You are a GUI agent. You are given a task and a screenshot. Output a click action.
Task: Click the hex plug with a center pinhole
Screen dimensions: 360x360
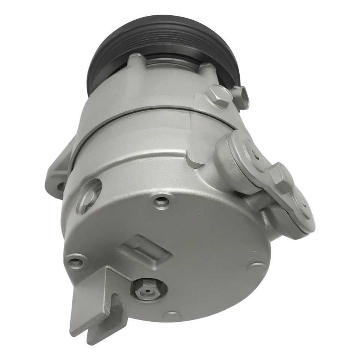[147, 291]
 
